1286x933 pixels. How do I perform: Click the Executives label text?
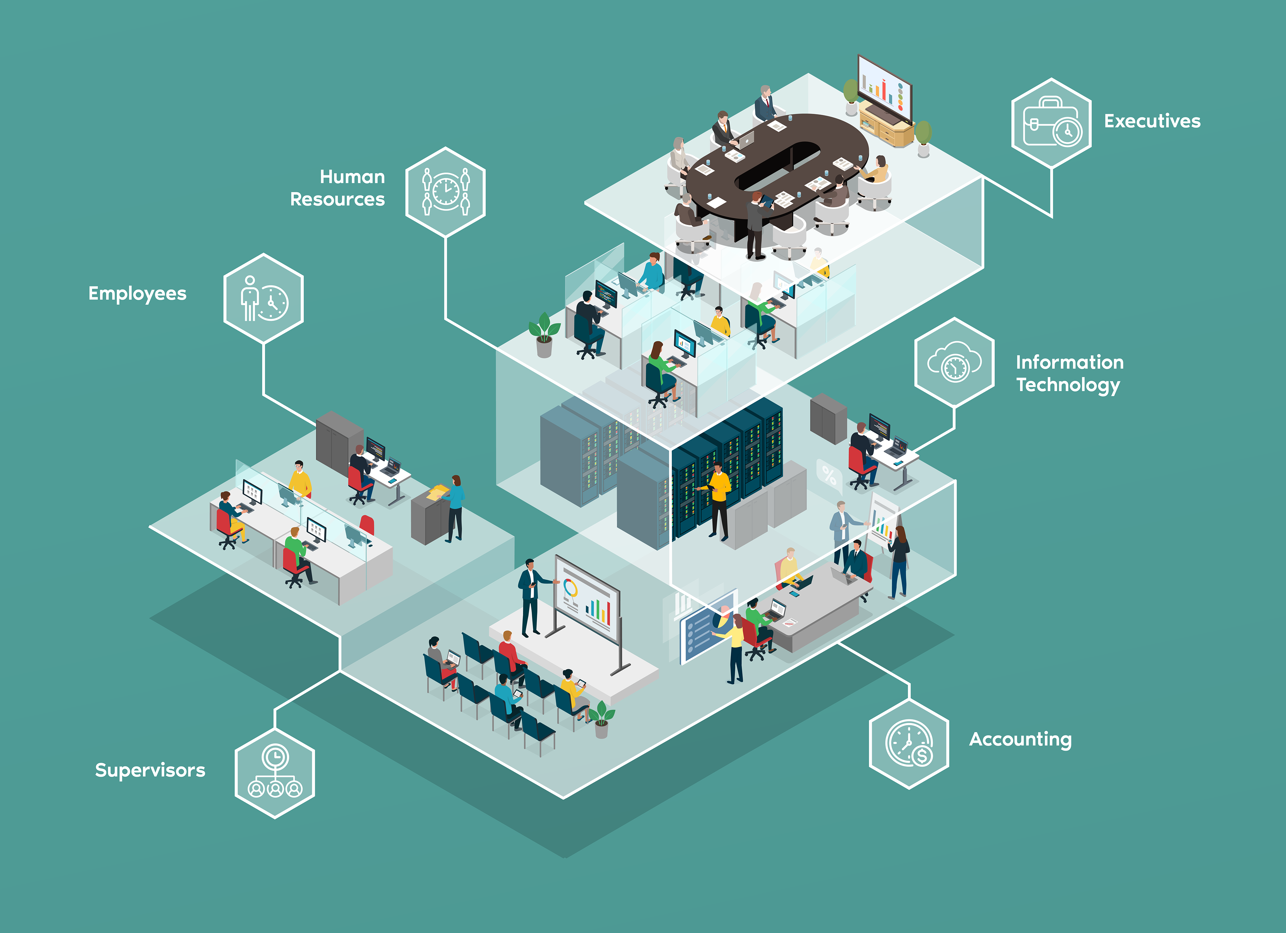[x=1152, y=121]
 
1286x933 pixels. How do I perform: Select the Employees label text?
[x=137, y=294]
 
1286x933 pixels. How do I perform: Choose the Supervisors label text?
[x=150, y=770]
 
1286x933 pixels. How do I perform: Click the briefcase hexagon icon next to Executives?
[x=1051, y=123]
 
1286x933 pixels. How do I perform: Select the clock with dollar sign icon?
[x=909, y=743]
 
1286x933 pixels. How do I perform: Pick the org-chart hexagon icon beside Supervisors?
[x=275, y=773]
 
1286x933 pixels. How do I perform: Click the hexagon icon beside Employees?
[x=264, y=298]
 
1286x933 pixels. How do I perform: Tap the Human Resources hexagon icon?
[x=446, y=191]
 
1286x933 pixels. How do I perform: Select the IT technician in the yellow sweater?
[x=718, y=499]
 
